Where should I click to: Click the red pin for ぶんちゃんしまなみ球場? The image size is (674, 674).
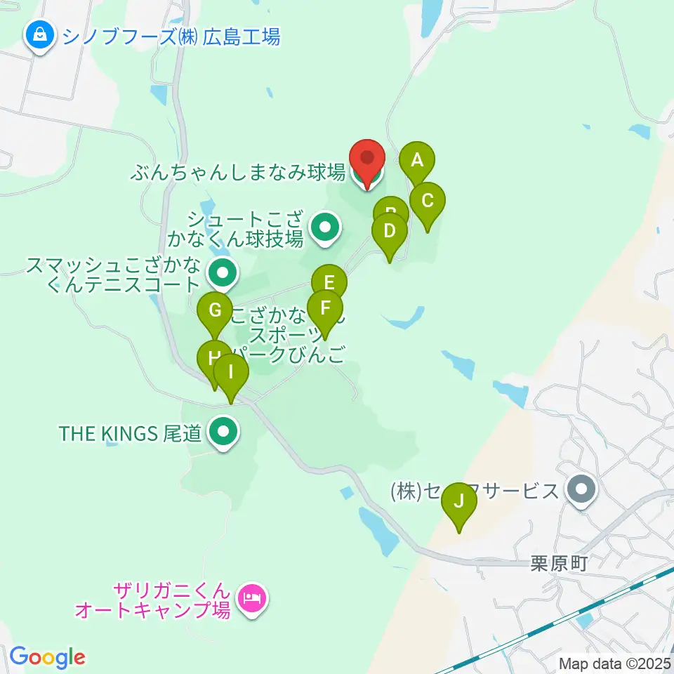367,159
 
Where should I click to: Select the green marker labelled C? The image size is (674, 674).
428,202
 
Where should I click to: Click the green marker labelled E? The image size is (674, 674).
329,284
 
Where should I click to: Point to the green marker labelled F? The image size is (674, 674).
324,309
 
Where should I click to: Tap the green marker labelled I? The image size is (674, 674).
231,374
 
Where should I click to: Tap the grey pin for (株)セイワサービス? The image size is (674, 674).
581,491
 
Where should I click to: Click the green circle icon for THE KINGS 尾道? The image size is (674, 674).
223,434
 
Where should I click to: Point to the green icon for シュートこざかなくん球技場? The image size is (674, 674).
324,227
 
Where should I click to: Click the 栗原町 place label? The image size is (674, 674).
558,562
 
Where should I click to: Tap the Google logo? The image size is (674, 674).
47,657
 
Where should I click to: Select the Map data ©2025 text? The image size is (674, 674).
614,663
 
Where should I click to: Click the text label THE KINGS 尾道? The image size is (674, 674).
131,434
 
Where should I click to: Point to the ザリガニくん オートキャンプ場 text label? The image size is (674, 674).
153,599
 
